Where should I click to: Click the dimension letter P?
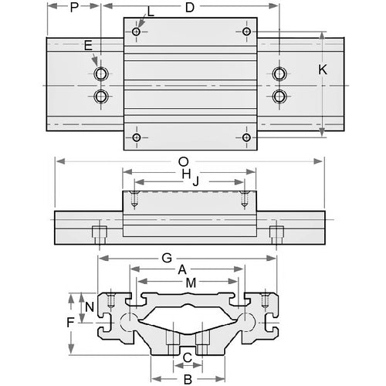(x=74, y=8)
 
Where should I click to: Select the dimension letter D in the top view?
(x=189, y=8)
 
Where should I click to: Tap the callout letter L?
(x=150, y=12)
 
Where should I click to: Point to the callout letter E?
(x=89, y=47)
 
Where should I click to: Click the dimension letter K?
(x=323, y=69)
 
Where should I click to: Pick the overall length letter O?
(x=182, y=162)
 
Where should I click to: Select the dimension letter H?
(x=185, y=176)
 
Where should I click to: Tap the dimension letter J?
(x=196, y=181)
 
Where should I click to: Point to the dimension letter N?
(x=90, y=306)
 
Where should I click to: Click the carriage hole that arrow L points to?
(x=137, y=32)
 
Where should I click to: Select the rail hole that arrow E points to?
(x=101, y=74)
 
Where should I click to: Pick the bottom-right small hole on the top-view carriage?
(x=246, y=137)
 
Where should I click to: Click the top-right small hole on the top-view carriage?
(x=246, y=32)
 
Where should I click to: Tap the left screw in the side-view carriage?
(x=136, y=198)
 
